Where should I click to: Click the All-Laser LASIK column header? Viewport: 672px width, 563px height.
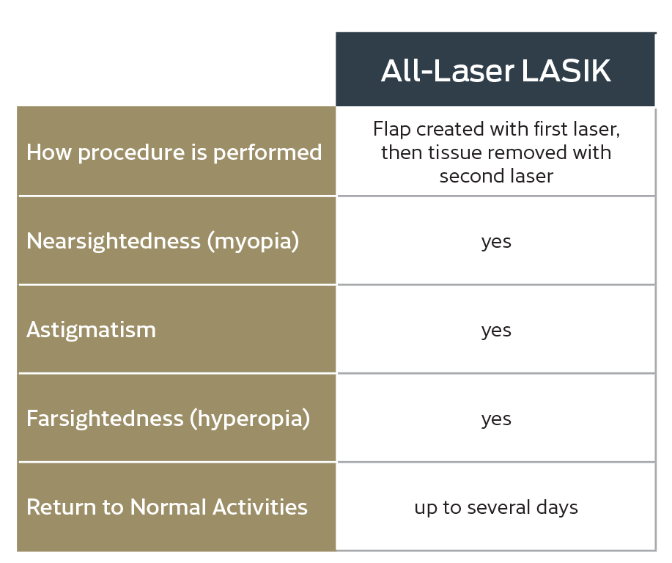pos(495,70)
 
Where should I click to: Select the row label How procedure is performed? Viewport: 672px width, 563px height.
pos(174,152)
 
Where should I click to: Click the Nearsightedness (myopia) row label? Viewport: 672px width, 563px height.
pos(163,241)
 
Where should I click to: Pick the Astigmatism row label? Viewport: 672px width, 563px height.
pos(91,330)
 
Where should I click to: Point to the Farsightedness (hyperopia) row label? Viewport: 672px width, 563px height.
pos(168,419)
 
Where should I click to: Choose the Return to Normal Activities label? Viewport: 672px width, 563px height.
pos(166,507)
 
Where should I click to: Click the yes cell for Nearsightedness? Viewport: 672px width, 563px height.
pos(496,242)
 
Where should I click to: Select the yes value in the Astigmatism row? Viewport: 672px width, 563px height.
pos(496,331)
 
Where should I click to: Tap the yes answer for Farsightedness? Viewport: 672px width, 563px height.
pos(496,419)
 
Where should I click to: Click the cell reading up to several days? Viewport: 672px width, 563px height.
pos(496,507)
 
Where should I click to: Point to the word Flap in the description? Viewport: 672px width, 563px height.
pos(391,129)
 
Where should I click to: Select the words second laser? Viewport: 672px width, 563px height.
pos(496,176)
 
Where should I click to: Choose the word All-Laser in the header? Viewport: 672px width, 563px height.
pos(447,70)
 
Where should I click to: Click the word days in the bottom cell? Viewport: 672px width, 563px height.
pos(558,508)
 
